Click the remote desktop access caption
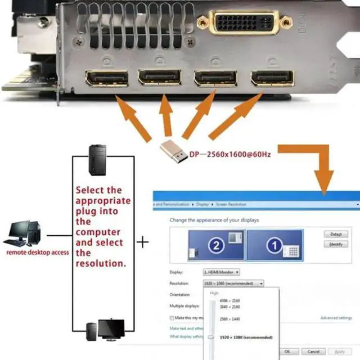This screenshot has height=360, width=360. pos(37,253)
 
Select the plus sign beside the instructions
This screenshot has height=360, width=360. pos(144,242)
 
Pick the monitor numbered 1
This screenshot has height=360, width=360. pos(274,245)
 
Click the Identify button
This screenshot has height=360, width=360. pos(336,244)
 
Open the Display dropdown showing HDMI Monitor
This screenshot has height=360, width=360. pos(221,272)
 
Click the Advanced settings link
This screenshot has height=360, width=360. pos(336,318)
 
